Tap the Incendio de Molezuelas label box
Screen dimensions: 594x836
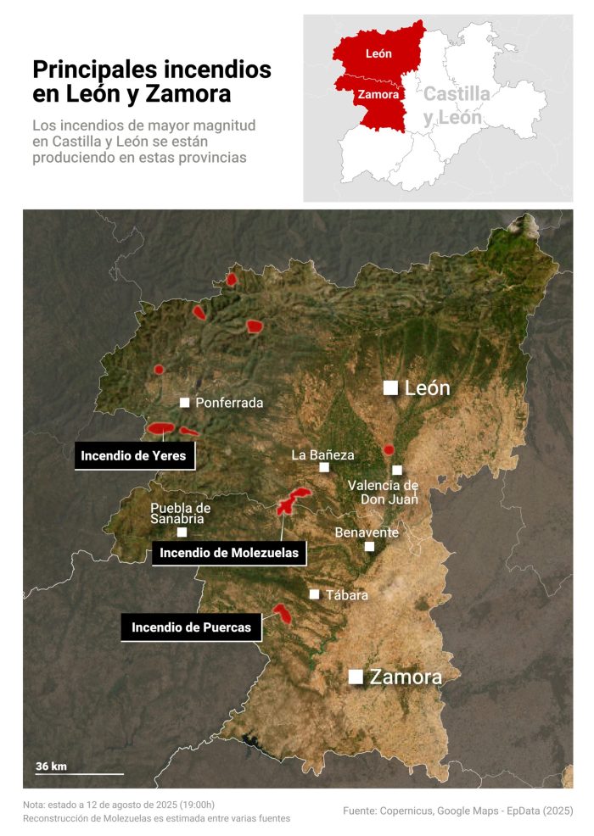[x=229, y=554]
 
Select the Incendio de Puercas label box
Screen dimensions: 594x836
[x=191, y=628]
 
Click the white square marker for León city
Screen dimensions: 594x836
[x=390, y=387]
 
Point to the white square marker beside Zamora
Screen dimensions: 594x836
[x=356, y=677]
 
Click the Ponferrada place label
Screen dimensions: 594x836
[x=229, y=403]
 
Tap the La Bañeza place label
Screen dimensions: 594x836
[x=322, y=455]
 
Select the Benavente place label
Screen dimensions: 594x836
[x=367, y=532]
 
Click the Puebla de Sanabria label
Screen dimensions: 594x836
[x=180, y=513]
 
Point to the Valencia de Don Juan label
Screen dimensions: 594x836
[x=384, y=492]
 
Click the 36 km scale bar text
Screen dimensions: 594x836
[x=51, y=766]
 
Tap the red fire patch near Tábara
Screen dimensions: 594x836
[x=282, y=612]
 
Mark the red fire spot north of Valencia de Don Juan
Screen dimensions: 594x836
[x=389, y=449]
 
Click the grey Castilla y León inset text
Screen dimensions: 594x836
[x=457, y=106]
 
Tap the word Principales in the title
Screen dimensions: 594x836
[x=93, y=69]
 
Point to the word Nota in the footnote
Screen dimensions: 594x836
[x=34, y=805]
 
